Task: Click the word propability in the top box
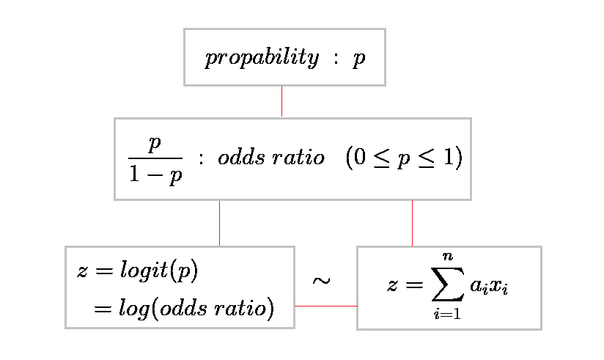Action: [262, 59]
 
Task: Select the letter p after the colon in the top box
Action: [358, 59]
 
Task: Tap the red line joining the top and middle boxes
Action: [282, 101]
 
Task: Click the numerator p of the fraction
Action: [154, 144]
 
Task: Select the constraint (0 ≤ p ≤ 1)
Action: [404, 158]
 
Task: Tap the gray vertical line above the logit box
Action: [220, 223]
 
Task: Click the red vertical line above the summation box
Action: [412, 223]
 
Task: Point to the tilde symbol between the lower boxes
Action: [321, 281]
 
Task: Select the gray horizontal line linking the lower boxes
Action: [325, 306]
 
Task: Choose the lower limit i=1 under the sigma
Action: [446, 315]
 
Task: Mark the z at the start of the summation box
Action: [392, 285]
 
